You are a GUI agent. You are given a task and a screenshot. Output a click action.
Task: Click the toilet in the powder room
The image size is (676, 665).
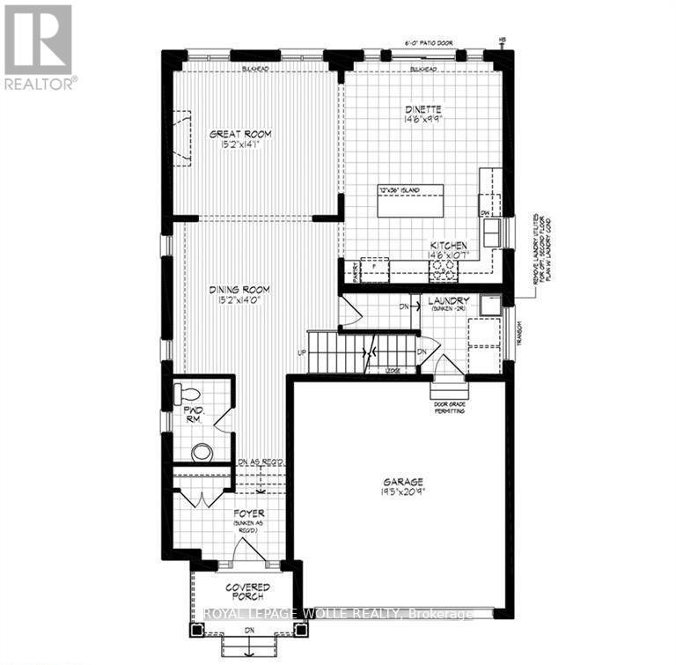[x=187, y=393]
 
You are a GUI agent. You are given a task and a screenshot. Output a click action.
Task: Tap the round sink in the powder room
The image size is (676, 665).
[x=202, y=453]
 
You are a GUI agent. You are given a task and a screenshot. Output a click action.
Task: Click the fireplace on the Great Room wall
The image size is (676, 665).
[x=181, y=137]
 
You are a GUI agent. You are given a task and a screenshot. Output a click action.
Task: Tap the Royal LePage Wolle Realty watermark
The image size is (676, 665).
[x=338, y=614]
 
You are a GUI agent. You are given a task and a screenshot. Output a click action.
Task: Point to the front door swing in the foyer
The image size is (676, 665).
[x=247, y=550]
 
